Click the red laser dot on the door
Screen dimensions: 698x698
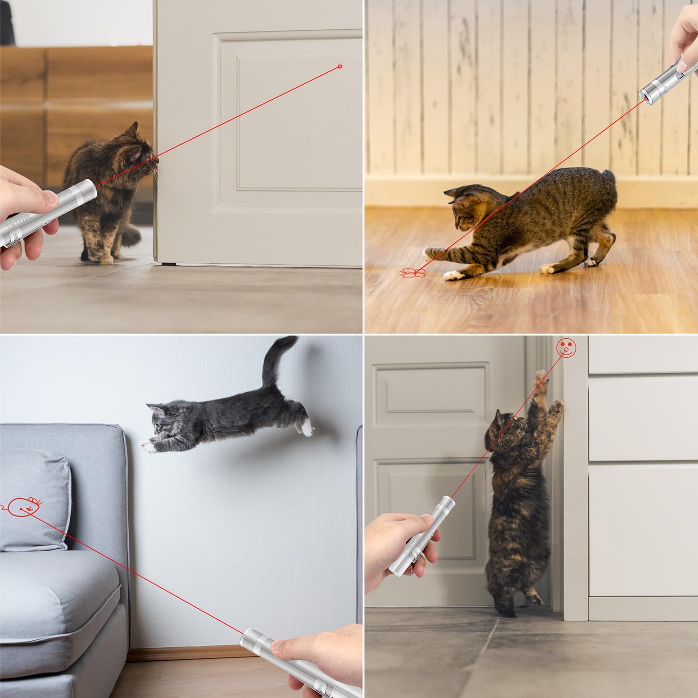340,67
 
